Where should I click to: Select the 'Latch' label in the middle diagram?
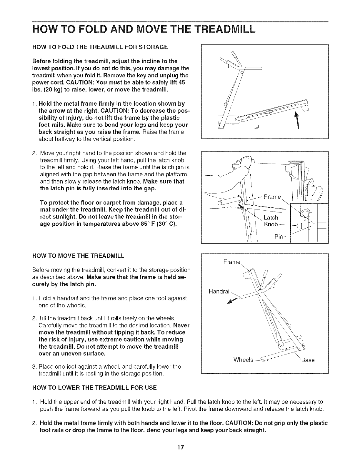coord(271,218)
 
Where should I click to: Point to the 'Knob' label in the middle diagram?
coord(271,225)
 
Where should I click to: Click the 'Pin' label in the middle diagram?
coord(278,237)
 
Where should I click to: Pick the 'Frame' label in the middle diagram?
coord(272,197)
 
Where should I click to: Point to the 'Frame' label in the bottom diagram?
coord(232,262)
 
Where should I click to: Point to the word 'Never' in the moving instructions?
coord(181,326)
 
